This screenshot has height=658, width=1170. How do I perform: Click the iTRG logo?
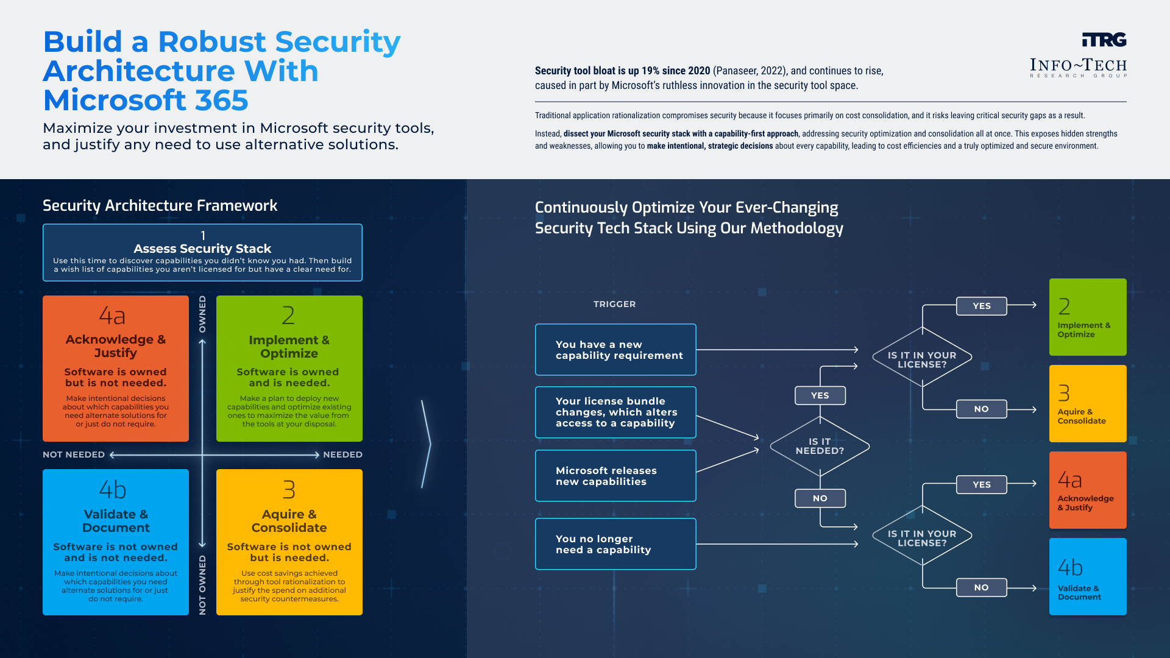tap(1104, 40)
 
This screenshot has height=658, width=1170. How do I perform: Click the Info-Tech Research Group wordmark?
tap(1078, 67)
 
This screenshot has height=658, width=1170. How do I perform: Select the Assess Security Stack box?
tap(202, 252)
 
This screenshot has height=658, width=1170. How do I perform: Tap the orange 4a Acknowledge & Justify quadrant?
tap(116, 369)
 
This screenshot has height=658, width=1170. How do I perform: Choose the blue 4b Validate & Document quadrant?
tap(116, 542)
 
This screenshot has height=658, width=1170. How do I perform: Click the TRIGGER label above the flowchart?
tap(614, 304)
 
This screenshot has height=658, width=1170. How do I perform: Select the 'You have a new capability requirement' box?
tap(615, 350)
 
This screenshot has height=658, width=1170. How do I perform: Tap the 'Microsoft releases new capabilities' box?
tap(615, 476)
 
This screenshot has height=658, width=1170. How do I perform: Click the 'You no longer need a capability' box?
tap(615, 544)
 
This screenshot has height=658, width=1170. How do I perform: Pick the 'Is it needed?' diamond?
tap(820, 446)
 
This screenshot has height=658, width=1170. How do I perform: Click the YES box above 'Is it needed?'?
tap(820, 395)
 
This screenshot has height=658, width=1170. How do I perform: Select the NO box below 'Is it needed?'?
tap(820, 498)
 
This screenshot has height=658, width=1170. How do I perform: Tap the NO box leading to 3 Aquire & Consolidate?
tap(981, 409)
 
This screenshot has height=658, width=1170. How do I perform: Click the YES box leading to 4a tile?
tap(981, 484)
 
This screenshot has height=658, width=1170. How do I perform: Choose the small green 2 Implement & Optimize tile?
tap(1087, 317)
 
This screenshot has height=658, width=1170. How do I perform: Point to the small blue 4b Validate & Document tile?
tap(1087, 576)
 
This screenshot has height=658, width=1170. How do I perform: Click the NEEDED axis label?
tap(342, 455)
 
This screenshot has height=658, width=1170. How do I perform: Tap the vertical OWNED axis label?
tap(202, 314)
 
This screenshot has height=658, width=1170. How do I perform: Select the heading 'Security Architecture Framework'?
tap(160, 206)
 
